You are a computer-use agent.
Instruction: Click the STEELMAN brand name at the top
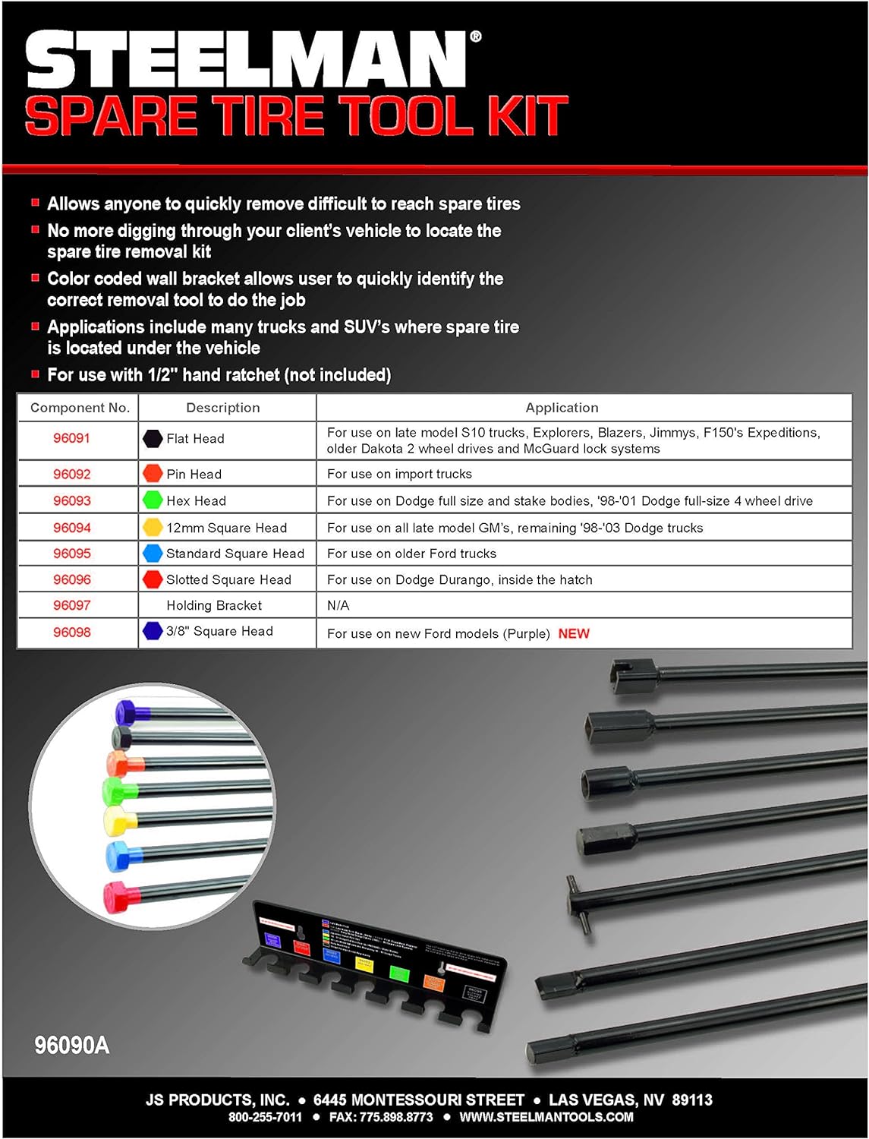point(247,61)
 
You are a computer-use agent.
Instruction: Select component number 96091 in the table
point(71,438)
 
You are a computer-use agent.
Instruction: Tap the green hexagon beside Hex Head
point(153,500)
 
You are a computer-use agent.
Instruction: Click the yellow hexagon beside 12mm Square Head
point(153,527)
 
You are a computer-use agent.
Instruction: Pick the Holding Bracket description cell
point(214,605)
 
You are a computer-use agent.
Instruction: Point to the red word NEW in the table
point(574,633)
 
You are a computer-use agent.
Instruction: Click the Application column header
point(562,408)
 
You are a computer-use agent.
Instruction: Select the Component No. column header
point(80,408)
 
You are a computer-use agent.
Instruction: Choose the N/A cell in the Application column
point(338,605)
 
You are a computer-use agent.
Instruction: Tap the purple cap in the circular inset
point(125,712)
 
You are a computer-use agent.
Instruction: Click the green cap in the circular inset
point(115,790)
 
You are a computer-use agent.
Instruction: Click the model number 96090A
point(72,1046)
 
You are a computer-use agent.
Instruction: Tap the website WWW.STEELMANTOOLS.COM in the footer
point(546,1117)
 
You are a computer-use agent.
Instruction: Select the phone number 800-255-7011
point(265,1117)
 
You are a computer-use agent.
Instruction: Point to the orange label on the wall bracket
point(433,983)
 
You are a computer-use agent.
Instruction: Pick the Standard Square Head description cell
point(235,554)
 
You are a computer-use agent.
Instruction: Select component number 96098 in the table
point(71,632)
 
